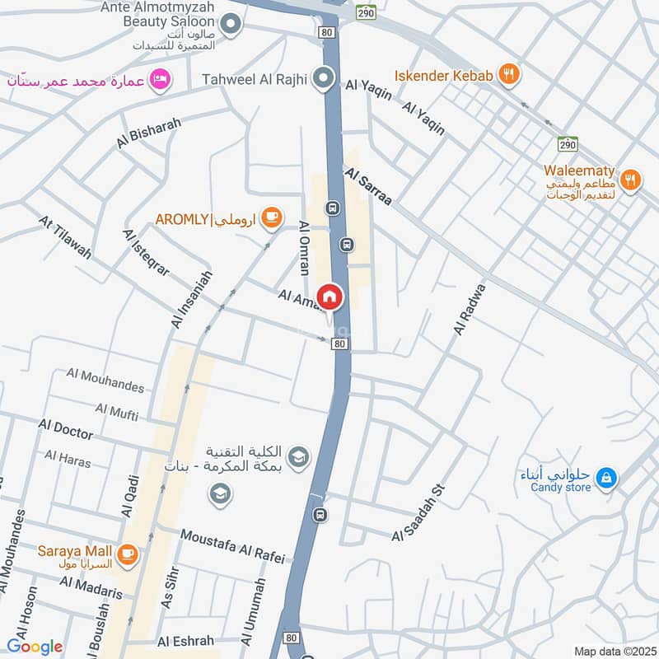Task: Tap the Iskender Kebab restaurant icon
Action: coord(511,75)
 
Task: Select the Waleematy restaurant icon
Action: coord(630,180)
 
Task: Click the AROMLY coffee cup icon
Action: coord(271,218)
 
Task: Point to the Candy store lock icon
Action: coord(606,477)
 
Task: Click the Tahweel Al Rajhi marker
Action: coord(325,80)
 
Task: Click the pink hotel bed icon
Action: coord(162,78)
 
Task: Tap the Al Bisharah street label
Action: coord(148,132)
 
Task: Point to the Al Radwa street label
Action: coord(470,309)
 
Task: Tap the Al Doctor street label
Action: coord(66,428)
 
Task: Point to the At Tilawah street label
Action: coord(66,237)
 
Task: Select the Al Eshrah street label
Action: coord(185,641)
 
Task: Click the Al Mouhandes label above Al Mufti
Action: coord(105,381)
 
